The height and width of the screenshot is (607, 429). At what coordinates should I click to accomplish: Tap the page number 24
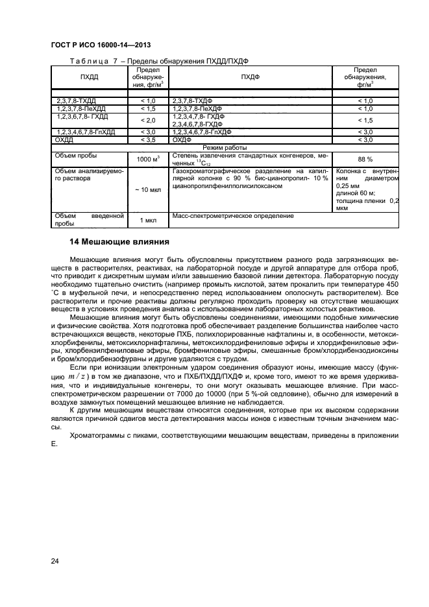[55, 561]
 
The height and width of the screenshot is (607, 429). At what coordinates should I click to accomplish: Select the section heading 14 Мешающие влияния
[119, 242]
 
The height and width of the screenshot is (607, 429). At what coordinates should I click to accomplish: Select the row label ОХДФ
[182, 139]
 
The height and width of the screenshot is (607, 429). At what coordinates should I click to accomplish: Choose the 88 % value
[365, 159]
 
